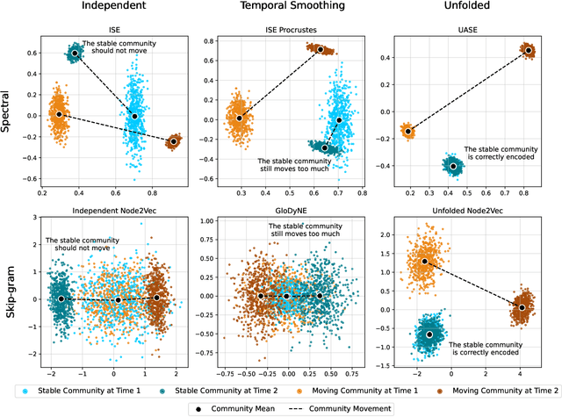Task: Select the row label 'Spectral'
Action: point(9,114)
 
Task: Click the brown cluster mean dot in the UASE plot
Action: point(528,50)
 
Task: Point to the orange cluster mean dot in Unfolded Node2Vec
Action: point(424,261)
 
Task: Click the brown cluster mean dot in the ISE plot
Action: point(173,141)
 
